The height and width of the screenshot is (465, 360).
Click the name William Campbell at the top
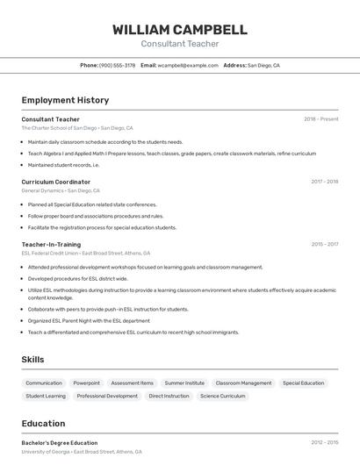pyautogui.click(x=179, y=30)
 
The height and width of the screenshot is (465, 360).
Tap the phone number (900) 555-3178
pyautogui.click(x=117, y=65)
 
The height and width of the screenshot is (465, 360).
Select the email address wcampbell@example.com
pyautogui.click(x=188, y=65)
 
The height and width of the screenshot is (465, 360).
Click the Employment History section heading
pyautogui.click(x=65, y=100)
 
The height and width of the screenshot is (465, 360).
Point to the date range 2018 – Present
pyautogui.click(x=320, y=119)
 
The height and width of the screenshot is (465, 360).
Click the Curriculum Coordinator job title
pyautogui.click(x=55, y=182)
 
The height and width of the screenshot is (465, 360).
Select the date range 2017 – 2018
pyautogui.click(x=324, y=182)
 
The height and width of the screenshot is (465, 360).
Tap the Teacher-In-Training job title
pyautogui.click(x=51, y=245)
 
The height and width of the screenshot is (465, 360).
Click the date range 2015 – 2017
pyautogui.click(x=324, y=245)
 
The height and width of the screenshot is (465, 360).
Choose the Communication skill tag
pyautogui.click(x=44, y=383)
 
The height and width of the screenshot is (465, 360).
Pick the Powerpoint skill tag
pyautogui.click(x=86, y=383)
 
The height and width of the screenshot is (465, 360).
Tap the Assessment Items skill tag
pyautogui.click(x=132, y=383)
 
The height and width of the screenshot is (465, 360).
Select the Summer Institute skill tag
pyautogui.click(x=184, y=383)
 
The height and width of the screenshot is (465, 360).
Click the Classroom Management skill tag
pyautogui.click(x=243, y=383)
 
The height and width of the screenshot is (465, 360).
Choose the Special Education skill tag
pyautogui.click(x=303, y=383)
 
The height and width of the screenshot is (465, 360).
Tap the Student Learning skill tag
pyautogui.click(x=46, y=397)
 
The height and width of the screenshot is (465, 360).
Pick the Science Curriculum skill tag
pyautogui.click(x=223, y=397)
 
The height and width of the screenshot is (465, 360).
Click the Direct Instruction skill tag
pyautogui.click(x=169, y=397)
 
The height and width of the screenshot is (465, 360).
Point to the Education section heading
pyautogui.click(x=43, y=424)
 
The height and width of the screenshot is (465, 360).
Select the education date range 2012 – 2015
pyautogui.click(x=324, y=443)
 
